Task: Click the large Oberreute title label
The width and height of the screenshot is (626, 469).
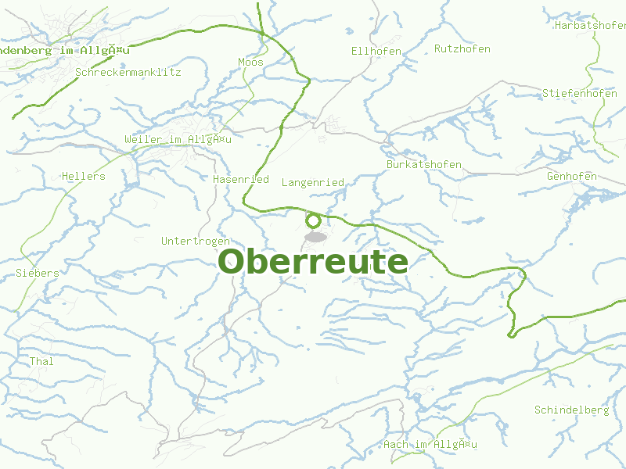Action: click(313, 262)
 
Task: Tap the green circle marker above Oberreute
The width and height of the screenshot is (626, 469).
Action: click(314, 220)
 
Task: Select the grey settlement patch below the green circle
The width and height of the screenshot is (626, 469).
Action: click(315, 236)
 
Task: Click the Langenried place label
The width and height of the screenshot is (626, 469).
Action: click(312, 182)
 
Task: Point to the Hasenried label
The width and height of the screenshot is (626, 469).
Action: click(241, 179)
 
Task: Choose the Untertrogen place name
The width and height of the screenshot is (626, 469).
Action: click(196, 241)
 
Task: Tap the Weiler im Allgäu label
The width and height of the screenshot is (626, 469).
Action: click(178, 139)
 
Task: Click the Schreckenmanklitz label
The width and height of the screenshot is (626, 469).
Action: click(128, 72)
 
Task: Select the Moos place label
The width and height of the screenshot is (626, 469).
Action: click(250, 62)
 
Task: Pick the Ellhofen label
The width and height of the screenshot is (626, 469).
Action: click(376, 52)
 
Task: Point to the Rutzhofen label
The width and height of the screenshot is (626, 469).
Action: click(462, 48)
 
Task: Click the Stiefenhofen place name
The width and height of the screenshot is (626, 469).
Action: click(580, 93)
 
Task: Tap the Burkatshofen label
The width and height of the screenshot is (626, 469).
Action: click(424, 165)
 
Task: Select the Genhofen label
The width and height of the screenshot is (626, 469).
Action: click(572, 176)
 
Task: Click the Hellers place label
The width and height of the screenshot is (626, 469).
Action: click(83, 176)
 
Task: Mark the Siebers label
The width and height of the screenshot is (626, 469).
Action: click(37, 273)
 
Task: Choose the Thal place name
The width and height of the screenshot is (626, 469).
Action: click(41, 361)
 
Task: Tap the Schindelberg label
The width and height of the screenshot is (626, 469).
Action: click(571, 410)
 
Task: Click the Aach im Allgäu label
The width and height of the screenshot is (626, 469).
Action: click(430, 444)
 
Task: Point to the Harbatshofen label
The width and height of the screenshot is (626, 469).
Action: click(589, 25)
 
